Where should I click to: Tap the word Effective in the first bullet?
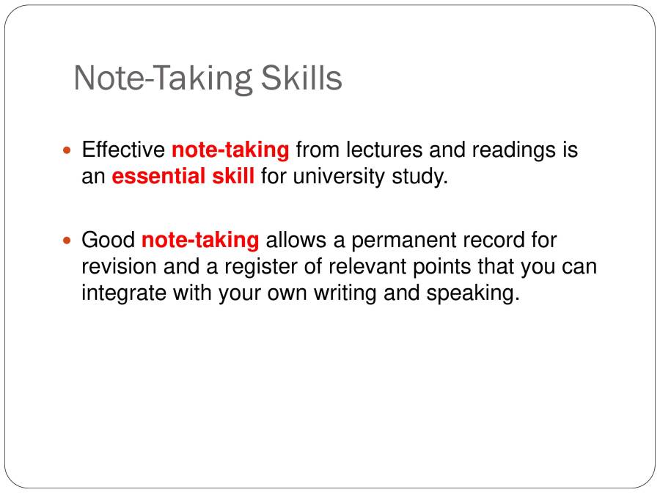pyautogui.click(x=123, y=150)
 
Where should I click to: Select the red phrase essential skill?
pyautogui.click(x=183, y=177)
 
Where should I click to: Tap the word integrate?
pyautogui.click(x=124, y=293)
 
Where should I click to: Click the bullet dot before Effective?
pyautogui.click(x=69, y=150)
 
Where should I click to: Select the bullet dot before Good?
pyautogui.click(x=69, y=241)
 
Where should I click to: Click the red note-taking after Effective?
pyautogui.click(x=230, y=150)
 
